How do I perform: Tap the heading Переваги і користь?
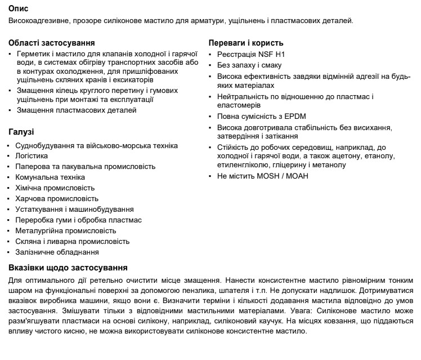click(245, 43)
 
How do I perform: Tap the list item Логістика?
click(31, 155)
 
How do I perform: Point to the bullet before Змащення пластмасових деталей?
click(11, 110)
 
